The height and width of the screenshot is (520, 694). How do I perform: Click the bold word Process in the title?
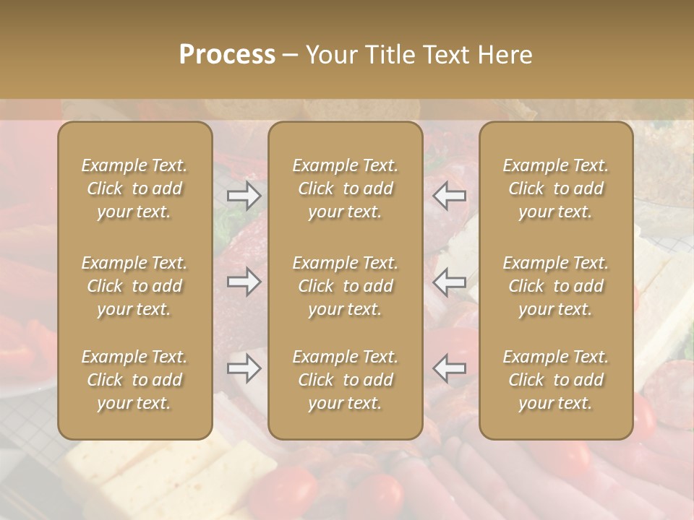pos(227,55)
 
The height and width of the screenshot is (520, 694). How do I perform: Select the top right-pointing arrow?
pos(244,195)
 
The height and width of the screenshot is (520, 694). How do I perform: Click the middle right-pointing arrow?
pos(244,282)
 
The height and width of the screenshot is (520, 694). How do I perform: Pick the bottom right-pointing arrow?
pos(244,368)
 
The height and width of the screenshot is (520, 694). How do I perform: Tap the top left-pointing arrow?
pos(450,195)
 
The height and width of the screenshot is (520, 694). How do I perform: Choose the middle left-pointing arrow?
pos(450,282)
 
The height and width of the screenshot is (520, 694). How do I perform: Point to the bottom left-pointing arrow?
pos(450,368)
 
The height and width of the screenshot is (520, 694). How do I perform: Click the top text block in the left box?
pos(134,188)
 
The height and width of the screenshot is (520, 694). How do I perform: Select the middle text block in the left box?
pos(134,286)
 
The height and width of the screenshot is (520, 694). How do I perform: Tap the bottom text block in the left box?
pos(134,380)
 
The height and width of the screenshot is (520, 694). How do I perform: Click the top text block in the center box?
pos(345,188)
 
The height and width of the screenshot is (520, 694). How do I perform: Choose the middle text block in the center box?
pos(345,286)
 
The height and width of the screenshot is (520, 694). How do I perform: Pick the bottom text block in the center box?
pos(345,380)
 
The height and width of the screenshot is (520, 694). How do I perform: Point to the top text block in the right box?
pos(555,188)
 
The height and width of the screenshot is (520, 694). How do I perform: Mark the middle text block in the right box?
pos(555,286)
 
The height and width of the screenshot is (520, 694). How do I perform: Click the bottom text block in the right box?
pos(555,380)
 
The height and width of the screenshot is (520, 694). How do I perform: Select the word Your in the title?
pos(330,55)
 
